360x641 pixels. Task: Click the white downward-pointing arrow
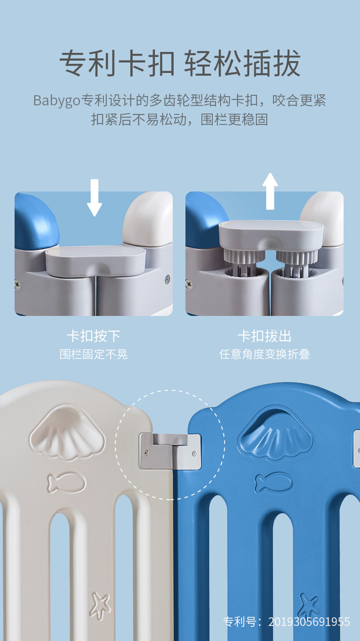click(94, 197)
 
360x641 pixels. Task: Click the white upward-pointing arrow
click(270, 191)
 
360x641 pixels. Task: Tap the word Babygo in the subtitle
click(57, 101)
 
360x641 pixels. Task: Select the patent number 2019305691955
click(309, 622)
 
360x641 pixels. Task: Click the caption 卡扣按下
click(94, 336)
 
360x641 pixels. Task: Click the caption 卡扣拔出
click(264, 336)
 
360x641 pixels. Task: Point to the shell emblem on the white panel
click(67, 432)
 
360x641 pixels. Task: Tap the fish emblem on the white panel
click(67, 483)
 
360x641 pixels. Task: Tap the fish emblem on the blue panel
click(274, 483)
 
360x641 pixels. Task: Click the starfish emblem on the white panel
click(100, 604)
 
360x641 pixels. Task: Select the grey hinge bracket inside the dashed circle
click(170, 452)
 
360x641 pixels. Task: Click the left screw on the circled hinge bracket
click(146, 452)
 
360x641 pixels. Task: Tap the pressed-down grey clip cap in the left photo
click(96, 261)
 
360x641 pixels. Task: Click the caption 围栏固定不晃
click(94, 354)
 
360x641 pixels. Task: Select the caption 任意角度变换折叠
click(264, 354)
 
